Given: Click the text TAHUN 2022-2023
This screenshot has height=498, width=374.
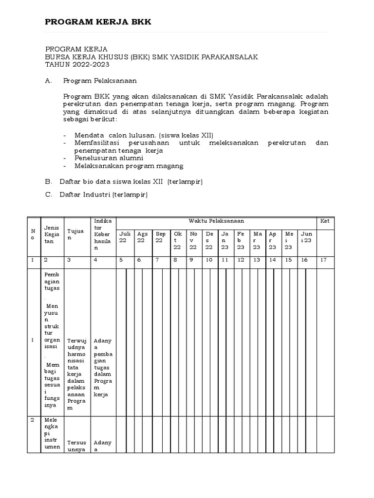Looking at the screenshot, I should click(x=77, y=64).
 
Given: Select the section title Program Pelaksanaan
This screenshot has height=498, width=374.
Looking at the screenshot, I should click(x=99, y=80).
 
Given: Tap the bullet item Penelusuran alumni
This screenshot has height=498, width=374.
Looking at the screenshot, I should click(x=109, y=158).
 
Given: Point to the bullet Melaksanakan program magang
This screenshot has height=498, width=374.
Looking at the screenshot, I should click(x=129, y=166).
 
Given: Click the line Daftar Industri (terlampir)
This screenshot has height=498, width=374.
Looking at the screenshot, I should click(x=103, y=195).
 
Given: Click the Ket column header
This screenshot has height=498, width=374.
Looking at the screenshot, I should click(x=324, y=221).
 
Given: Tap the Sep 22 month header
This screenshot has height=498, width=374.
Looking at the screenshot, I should click(x=160, y=237).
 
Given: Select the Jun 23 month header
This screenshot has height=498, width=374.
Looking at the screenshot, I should click(x=306, y=237).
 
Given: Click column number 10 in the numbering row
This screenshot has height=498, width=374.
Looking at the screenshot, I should click(x=209, y=260).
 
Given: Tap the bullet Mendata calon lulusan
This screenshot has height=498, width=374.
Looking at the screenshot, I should click(x=144, y=135).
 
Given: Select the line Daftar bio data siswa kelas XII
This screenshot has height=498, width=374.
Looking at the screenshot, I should click(x=131, y=181).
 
